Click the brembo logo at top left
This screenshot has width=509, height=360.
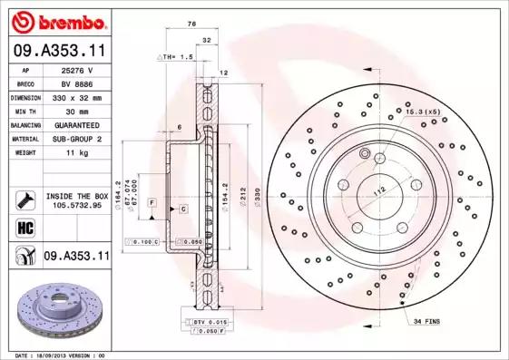(x=56, y=20)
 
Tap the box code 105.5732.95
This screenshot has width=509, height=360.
(x=75, y=205)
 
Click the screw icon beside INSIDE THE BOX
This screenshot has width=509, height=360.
(x=24, y=199)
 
